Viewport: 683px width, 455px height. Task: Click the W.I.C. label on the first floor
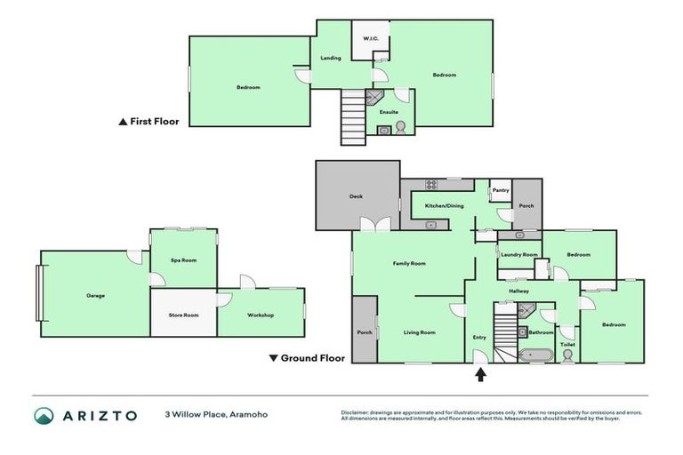(x=369, y=38)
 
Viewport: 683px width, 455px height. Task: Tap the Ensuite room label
(x=389, y=112)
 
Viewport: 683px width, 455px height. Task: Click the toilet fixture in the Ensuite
(x=400, y=127)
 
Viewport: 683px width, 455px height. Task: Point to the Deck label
(x=356, y=196)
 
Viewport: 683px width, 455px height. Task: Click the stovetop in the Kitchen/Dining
(x=431, y=185)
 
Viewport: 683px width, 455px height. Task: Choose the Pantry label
(x=501, y=189)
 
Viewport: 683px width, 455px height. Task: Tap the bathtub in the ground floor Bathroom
(x=536, y=355)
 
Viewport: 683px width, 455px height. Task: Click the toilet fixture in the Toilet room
(x=567, y=353)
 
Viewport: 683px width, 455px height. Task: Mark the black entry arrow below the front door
(x=481, y=374)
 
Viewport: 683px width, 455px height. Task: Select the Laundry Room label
(x=518, y=255)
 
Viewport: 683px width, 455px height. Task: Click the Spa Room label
(x=182, y=259)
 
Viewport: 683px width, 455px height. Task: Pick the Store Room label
(x=183, y=315)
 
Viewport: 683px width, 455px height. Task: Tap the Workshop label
(x=261, y=315)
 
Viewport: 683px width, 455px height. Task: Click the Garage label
(x=95, y=295)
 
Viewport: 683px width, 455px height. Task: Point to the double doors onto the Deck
(x=381, y=225)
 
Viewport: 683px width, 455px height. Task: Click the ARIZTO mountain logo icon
(x=44, y=416)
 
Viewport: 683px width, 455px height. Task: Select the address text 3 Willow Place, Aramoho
(x=215, y=415)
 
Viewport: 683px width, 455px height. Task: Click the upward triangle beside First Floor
(x=123, y=122)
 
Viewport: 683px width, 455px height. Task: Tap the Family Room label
(x=410, y=263)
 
